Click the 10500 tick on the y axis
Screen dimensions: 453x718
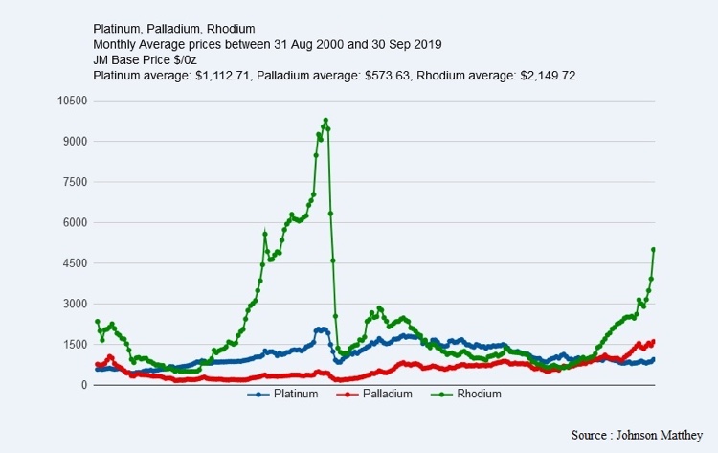point(73,101)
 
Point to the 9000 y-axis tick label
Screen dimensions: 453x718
point(75,142)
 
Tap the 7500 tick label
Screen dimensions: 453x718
point(75,182)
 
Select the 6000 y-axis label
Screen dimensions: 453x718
point(75,223)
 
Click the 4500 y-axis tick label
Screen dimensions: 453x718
point(75,263)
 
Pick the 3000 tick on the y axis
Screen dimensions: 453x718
point(75,304)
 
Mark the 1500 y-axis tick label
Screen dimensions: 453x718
point(75,345)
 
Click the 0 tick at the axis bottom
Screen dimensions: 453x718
point(84,385)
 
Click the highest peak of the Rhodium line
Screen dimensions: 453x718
point(325,121)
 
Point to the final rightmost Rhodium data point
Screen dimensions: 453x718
point(653,249)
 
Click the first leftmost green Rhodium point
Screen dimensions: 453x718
point(97,322)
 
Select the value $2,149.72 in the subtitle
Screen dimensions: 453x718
point(545,75)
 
